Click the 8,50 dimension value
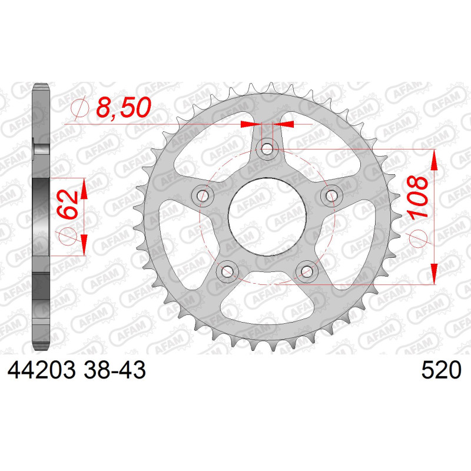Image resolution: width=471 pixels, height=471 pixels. [124, 107]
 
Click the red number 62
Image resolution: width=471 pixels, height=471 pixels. [68, 204]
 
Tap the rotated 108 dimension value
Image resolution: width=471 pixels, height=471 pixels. [417, 197]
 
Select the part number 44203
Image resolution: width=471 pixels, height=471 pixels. [41, 370]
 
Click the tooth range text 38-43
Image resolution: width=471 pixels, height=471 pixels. [115, 370]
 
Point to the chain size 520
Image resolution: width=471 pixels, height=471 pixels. [441, 370]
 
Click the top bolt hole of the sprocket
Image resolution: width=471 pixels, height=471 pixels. [267, 149]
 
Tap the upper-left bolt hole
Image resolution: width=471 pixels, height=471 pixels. [203, 195]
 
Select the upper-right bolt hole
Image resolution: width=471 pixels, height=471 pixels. [331, 195]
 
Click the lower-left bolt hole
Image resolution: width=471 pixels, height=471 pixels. [227, 271]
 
